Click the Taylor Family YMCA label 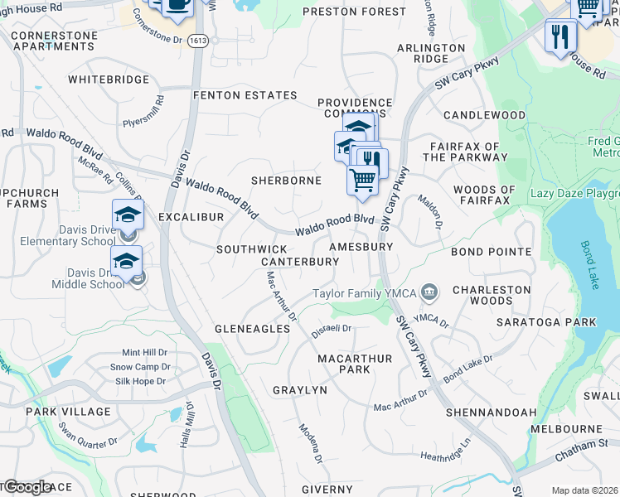click(x=364, y=293)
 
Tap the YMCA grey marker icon click(x=430, y=292)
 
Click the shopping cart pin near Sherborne click(x=362, y=180)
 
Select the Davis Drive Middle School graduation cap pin click(x=126, y=262)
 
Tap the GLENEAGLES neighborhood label click(x=253, y=329)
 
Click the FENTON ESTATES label click(x=245, y=95)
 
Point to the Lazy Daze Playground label click(x=574, y=193)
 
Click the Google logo click(x=27, y=487)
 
